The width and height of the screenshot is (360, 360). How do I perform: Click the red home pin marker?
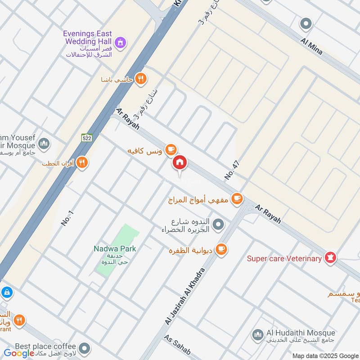click(x=180, y=163)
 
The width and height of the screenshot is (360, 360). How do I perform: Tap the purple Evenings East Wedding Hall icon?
click(x=120, y=43)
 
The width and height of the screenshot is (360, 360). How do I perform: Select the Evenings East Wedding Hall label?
click(x=87, y=38)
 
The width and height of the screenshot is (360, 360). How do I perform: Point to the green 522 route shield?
click(x=87, y=137)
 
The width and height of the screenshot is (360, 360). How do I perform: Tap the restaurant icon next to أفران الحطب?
click(x=82, y=162)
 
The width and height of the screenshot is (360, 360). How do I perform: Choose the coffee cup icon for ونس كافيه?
click(x=170, y=149)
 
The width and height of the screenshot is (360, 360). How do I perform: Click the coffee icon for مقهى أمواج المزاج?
click(x=237, y=198)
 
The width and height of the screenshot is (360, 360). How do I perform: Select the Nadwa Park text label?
click(x=115, y=248)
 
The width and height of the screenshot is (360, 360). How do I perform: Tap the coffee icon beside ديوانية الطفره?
click(x=221, y=249)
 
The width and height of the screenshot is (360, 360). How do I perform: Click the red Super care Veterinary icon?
click(x=331, y=258)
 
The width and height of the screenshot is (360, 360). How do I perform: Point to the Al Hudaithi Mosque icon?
click(x=257, y=334)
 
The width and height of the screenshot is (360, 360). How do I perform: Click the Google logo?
click(x=19, y=353)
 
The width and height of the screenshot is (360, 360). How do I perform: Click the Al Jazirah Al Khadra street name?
click(x=185, y=297)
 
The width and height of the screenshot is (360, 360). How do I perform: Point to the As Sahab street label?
click(x=177, y=346)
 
